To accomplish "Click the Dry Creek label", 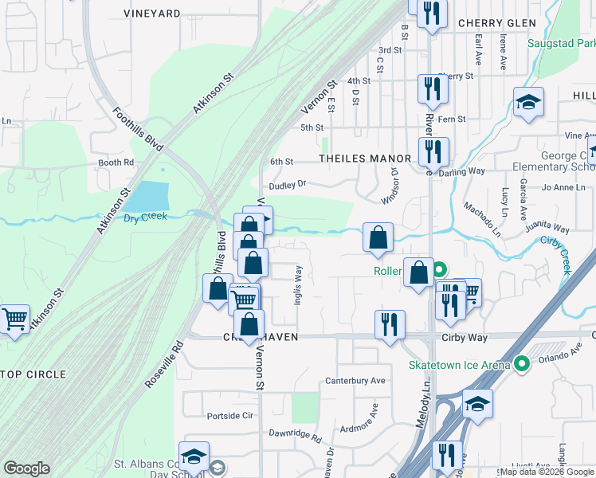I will [x=145, y=216].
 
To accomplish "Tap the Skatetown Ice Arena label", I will [x=458, y=365].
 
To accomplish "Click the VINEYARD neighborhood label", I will [x=152, y=14].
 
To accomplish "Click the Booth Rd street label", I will [x=116, y=163].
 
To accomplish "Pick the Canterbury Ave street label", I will [x=355, y=381].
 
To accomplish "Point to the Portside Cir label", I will [x=229, y=416].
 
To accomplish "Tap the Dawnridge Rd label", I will [x=294, y=438].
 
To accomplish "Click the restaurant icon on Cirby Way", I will [x=390, y=323].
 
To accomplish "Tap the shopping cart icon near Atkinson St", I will [x=14, y=319].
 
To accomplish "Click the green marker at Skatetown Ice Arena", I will [x=522, y=364].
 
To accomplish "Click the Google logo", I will [x=26, y=468].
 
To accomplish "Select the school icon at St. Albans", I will [x=194, y=456].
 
